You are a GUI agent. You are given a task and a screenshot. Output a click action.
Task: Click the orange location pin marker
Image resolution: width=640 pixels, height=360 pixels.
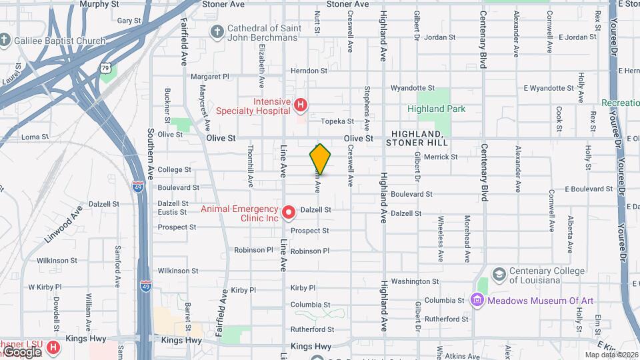tap(320, 159)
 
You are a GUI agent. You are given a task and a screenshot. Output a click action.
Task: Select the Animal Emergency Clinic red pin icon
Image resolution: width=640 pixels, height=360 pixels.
tap(289, 213)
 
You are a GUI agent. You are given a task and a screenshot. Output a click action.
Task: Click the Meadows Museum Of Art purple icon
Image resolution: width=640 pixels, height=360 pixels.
tap(476, 301)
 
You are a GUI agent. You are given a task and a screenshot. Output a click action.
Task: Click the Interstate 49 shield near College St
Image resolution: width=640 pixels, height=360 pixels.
tap(137, 187)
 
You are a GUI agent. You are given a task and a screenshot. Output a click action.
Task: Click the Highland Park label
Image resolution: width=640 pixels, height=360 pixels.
tap(437, 109)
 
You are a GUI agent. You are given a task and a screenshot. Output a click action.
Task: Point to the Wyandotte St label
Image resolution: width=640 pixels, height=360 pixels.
tap(412, 88)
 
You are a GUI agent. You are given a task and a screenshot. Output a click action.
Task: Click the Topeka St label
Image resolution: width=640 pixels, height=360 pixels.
tap(337, 121)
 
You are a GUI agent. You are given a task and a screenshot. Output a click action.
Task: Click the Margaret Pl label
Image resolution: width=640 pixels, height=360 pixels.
tap(209, 77)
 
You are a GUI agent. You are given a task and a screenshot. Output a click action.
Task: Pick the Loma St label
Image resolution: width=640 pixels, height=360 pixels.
tap(35, 137)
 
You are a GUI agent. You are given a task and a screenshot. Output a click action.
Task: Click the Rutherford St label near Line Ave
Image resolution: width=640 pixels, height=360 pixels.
tap(312, 329)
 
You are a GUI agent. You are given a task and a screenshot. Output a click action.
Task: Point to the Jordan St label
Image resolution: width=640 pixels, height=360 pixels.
tap(439, 37)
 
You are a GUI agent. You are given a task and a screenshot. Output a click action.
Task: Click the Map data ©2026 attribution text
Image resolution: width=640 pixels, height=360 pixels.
tap(610, 355)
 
